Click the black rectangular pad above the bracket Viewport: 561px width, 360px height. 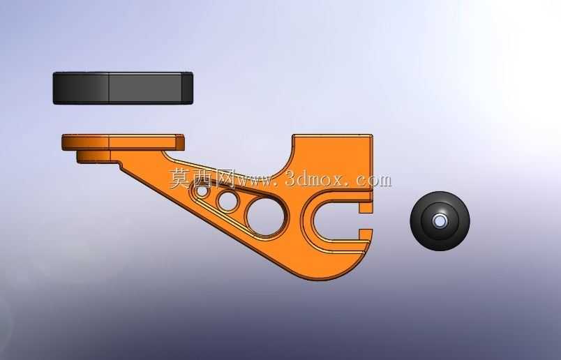pyautogui.click(x=123, y=88)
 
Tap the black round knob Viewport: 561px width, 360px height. pyautogui.click(x=440, y=221)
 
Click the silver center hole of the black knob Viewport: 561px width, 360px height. pyautogui.click(x=440, y=221)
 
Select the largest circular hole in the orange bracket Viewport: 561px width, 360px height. pyautogui.click(x=265, y=216)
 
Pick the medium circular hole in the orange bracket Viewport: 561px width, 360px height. pyautogui.click(x=227, y=202)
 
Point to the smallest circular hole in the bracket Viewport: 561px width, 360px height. pyautogui.click(x=202, y=191)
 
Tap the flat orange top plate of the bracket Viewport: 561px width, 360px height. pyautogui.click(x=123, y=142)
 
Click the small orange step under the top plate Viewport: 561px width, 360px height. pyautogui.click(x=93, y=157)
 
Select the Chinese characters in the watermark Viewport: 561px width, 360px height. pyautogui.click(x=202, y=178)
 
